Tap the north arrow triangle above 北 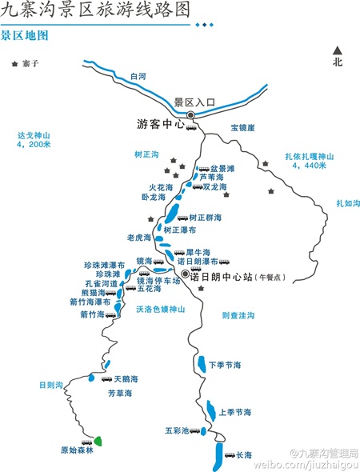pyautogui.click(x=338, y=49)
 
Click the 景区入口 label pyautogui.click(x=195, y=102)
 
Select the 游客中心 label pyautogui.click(x=161, y=125)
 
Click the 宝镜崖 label pyautogui.click(x=242, y=127)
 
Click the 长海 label pyautogui.click(x=244, y=455)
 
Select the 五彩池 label pyautogui.click(x=176, y=430)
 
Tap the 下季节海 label pyautogui.click(x=225, y=365)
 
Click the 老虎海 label pyautogui.click(x=139, y=238)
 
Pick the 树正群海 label pyautogui.click(x=206, y=218)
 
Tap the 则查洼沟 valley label pyautogui.click(x=238, y=316)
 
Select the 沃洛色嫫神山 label pyautogui.click(x=161, y=308)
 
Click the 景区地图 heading pyautogui.click(x=24, y=36)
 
